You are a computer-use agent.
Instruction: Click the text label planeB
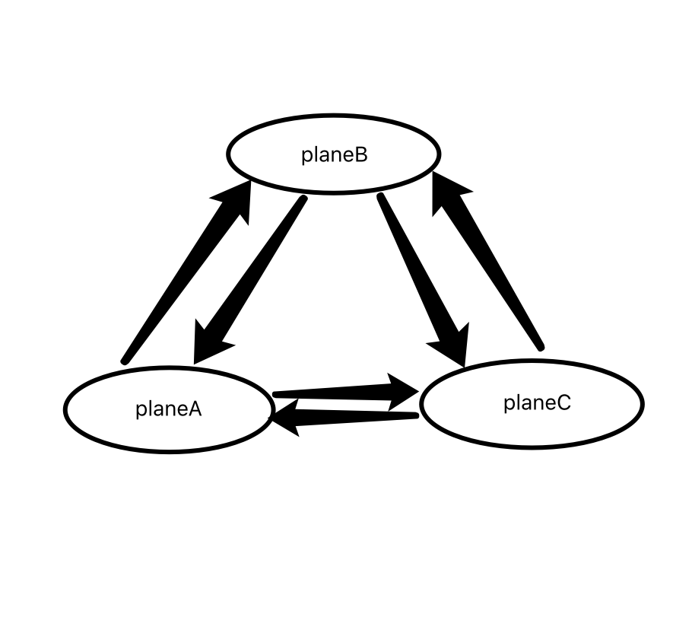point(334,154)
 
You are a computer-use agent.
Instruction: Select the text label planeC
point(536,402)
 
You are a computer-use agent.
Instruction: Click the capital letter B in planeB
point(360,154)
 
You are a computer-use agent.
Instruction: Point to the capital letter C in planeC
point(563,402)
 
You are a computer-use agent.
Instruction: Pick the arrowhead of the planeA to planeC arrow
point(403,390)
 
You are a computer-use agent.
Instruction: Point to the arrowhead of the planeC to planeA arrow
point(287,419)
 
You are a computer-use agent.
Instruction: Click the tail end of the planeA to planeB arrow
point(125,359)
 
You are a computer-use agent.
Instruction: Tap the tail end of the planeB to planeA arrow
point(303,200)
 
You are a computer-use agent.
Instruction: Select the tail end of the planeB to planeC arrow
point(381,199)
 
